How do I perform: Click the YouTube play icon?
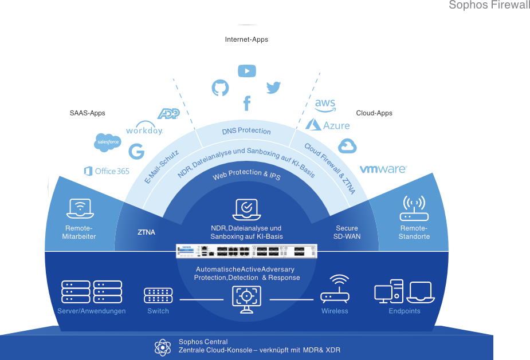(x=247, y=71)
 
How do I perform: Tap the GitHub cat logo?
(x=221, y=88)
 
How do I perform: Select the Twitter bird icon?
(x=274, y=88)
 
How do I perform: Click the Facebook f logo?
(x=247, y=104)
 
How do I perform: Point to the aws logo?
(x=325, y=104)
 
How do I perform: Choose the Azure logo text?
(x=328, y=124)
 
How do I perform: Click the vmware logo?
(x=383, y=169)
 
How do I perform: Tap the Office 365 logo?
(x=107, y=171)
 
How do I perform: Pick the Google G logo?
(x=136, y=152)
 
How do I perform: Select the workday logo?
(x=144, y=128)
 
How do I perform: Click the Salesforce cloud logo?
(x=108, y=142)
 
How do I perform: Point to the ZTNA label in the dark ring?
(x=146, y=232)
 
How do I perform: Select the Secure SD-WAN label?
(x=347, y=232)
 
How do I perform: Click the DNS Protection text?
(x=246, y=131)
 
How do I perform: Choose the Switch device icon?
(x=158, y=295)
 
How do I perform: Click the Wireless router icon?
(x=335, y=290)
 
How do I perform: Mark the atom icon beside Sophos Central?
(x=163, y=347)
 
